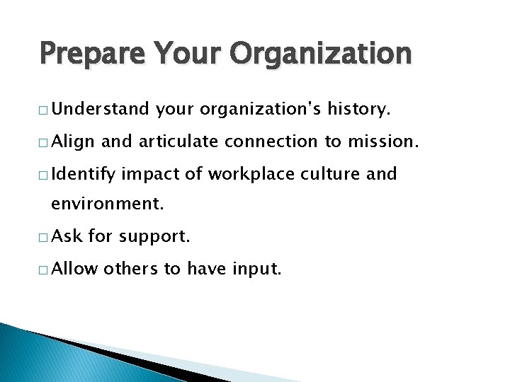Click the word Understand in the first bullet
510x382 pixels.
click(100, 110)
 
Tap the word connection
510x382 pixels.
click(272, 142)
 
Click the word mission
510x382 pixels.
click(382, 142)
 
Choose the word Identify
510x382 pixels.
click(86, 174)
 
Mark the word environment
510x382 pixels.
click(107, 206)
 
